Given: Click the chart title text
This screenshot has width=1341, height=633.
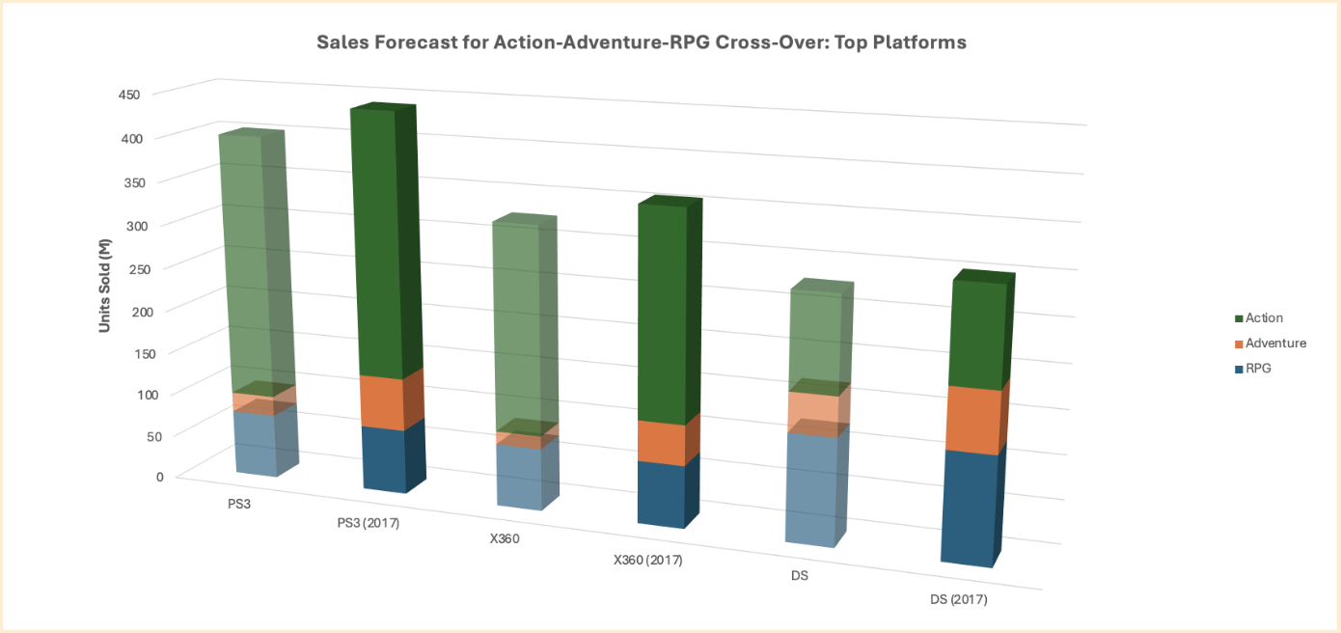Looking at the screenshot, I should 642,43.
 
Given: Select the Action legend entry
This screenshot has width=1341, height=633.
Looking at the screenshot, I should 1264,317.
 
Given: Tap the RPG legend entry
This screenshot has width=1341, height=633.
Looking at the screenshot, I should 1258,368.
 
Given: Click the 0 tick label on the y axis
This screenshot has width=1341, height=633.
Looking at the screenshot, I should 159,476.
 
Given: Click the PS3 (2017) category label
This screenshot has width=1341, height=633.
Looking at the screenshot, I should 368,523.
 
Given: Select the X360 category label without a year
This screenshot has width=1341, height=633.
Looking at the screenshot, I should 505,538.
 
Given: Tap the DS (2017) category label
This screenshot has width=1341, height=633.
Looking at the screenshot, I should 959,599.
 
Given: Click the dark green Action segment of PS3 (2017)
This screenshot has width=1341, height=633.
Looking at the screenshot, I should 372,241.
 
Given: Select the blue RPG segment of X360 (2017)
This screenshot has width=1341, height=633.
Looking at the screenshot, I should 661,493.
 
